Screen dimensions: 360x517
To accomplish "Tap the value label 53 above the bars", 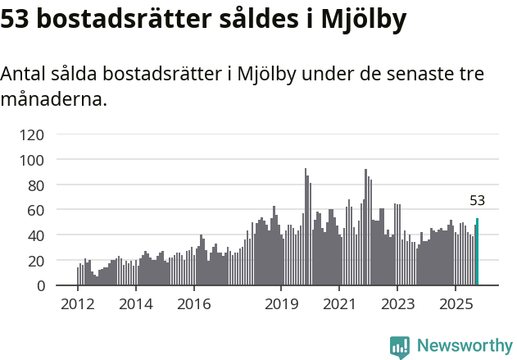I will (x=477, y=200).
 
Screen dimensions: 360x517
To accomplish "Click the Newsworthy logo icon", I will (x=400, y=346).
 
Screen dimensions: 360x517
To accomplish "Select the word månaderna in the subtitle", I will (x=53, y=101).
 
